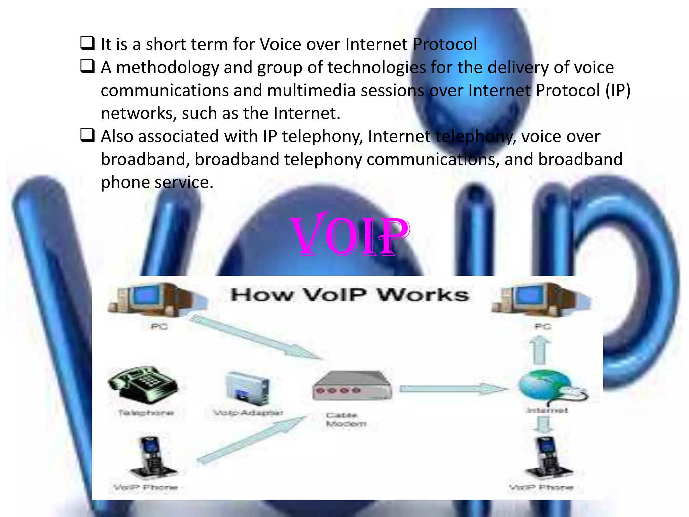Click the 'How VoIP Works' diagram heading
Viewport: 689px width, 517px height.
tap(349, 295)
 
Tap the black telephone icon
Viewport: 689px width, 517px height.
tap(143, 384)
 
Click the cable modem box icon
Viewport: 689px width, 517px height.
tap(352, 386)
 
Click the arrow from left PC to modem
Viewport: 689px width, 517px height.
tap(256, 337)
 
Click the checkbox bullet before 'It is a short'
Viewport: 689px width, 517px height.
tap(87, 44)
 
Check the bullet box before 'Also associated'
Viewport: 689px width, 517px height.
tap(87, 136)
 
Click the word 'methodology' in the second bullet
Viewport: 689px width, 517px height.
tap(168, 68)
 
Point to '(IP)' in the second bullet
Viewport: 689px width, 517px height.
tap(618, 90)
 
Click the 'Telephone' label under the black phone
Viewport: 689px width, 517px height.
tap(146, 413)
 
